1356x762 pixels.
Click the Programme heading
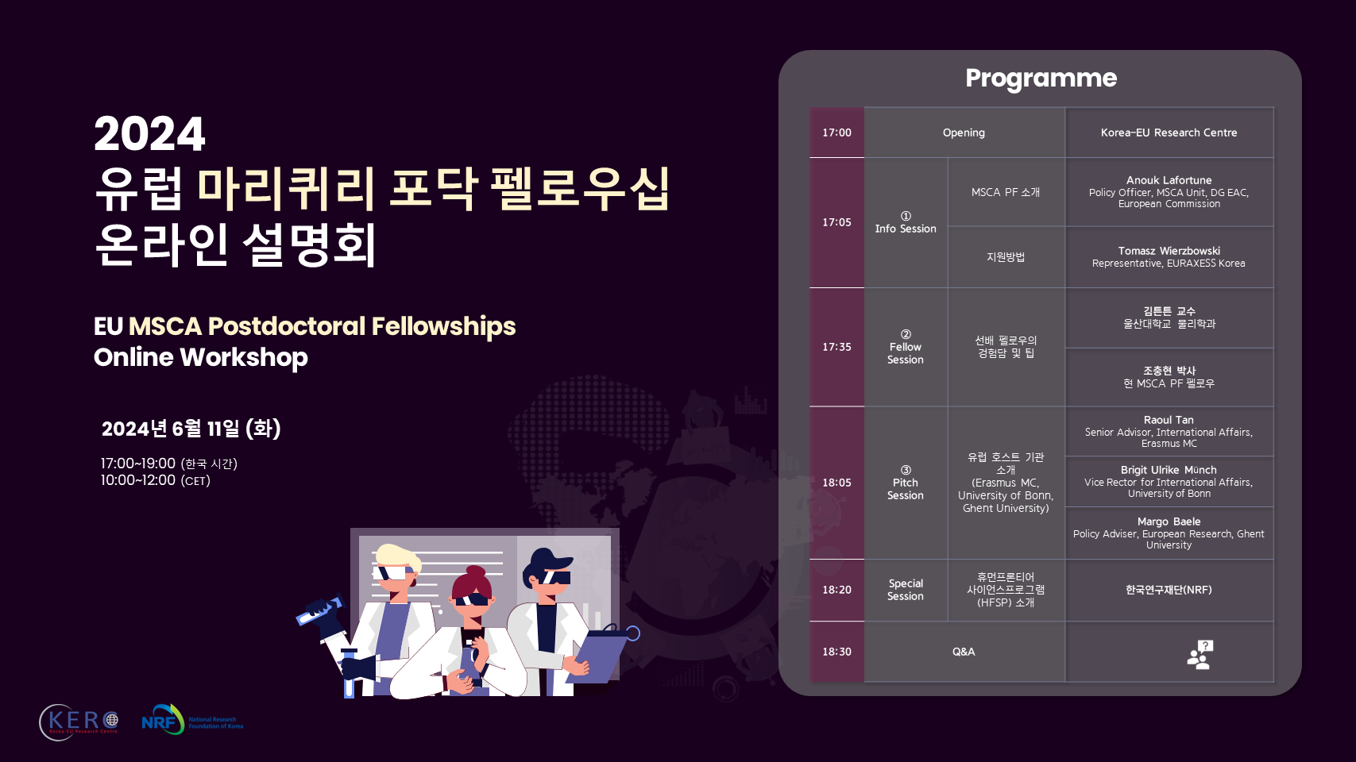pyautogui.click(x=1041, y=78)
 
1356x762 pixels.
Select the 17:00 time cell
pyautogui.click(x=836, y=133)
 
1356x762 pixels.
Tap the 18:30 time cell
pyautogui.click(x=836, y=652)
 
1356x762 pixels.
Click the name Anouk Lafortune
pyautogui.click(x=1169, y=180)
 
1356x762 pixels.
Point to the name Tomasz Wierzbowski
pyautogui.click(x=1169, y=251)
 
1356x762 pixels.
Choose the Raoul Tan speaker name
pyautogui.click(x=1169, y=420)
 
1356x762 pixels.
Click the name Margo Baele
pyautogui.click(x=1169, y=521)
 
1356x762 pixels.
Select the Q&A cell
pyautogui.click(x=964, y=652)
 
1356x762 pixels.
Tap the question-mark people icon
pyautogui.click(x=1200, y=654)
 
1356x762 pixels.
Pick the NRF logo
pyautogui.click(x=192, y=720)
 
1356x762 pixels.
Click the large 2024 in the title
pyautogui.click(x=149, y=134)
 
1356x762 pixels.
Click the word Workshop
pyautogui.click(x=243, y=357)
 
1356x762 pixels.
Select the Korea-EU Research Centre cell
pyautogui.click(x=1169, y=133)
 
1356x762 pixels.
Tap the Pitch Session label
pyautogui.click(x=905, y=489)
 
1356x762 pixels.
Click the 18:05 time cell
pyautogui.click(x=836, y=483)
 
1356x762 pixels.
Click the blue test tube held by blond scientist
pyautogui.click(x=319, y=610)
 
